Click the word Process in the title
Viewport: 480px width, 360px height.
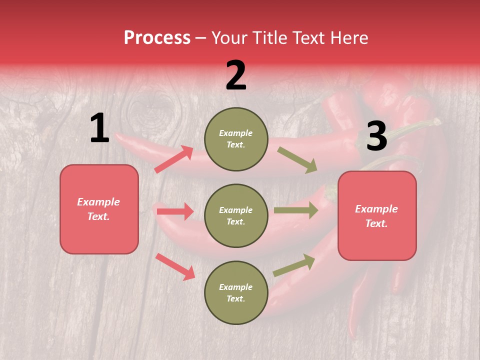pos(157,37)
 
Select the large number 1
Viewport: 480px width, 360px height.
pos(99,128)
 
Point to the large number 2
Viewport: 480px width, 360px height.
pos(236,75)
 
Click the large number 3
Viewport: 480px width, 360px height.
pos(376,136)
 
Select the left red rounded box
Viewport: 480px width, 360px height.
pos(99,209)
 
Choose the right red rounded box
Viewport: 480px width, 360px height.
pos(377,215)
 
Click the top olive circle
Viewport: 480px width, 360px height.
pos(236,139)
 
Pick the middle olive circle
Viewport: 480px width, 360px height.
pos(236,215)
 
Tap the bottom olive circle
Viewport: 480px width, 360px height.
pos(236,292)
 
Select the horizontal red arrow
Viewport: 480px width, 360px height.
pos(175,211)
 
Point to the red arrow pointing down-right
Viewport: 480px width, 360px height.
pos(175,266)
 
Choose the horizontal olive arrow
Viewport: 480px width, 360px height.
pos(295,210)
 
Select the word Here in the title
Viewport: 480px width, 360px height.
pos(350,37)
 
